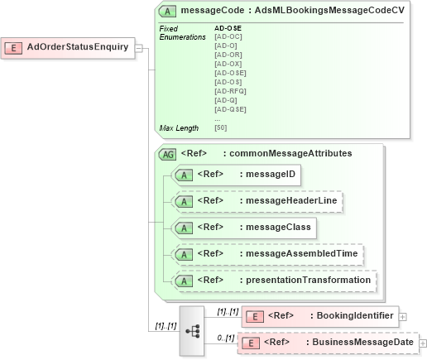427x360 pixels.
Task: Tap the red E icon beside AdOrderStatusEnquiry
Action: click(x=15, y=47)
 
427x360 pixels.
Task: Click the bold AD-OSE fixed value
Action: click(x=228, y=28)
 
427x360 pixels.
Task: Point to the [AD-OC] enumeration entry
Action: click(x=228, y=37)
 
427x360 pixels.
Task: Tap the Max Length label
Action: click(x=179, y=127)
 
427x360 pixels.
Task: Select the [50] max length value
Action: click(x=221, y=127)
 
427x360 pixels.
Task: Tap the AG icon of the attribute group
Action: click(x=167, y=154)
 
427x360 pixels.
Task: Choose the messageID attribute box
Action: click(x=236, y=175)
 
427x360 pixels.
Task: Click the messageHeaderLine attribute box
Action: click(x=257, y=200)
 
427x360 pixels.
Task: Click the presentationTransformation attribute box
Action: click(x=273, y=280)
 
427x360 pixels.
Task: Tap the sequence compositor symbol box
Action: click(x=192, y=329)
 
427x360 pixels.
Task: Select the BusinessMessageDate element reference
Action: click(x=328, y=343)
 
